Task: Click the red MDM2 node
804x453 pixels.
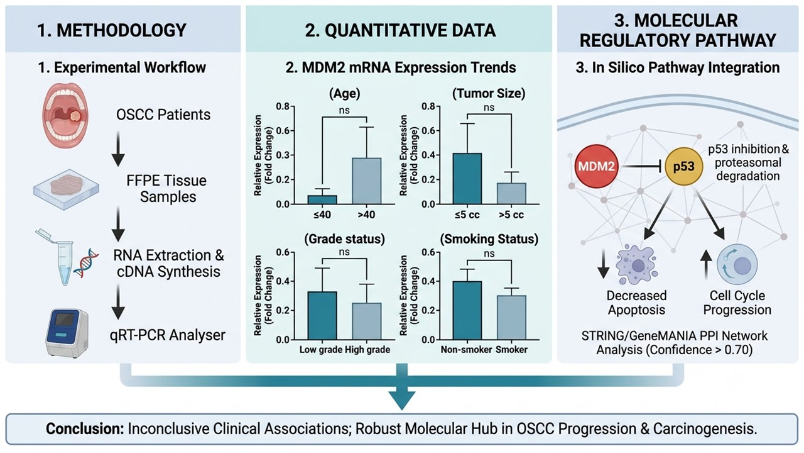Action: (596, 167)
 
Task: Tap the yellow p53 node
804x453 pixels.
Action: (683, 167)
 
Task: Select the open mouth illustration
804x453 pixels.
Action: (66, 115)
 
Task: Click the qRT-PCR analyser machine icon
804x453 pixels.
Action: (67, 333)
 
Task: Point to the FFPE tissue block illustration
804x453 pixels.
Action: (67, 189)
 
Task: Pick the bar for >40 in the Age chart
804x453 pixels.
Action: (366, 181)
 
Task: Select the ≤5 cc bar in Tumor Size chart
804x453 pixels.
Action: (467, 179)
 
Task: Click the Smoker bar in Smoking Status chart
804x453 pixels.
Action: (511, 318)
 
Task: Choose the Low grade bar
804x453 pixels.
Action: (322, 316)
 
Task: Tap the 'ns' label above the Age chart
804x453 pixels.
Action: (344, 110)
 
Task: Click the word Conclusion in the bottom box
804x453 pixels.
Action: (85, 429)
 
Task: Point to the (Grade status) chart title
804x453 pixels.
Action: (345, 239)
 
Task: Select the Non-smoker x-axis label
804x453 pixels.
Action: (466, 349)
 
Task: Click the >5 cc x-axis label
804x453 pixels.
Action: (511, 215)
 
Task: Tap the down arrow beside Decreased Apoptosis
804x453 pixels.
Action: (604, 264)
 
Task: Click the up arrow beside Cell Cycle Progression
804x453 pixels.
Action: (706, 265)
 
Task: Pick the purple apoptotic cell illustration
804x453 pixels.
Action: (636, 265)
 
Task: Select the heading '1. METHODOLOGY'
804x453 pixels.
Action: (112, 30)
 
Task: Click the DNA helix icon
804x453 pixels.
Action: (86, 263)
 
